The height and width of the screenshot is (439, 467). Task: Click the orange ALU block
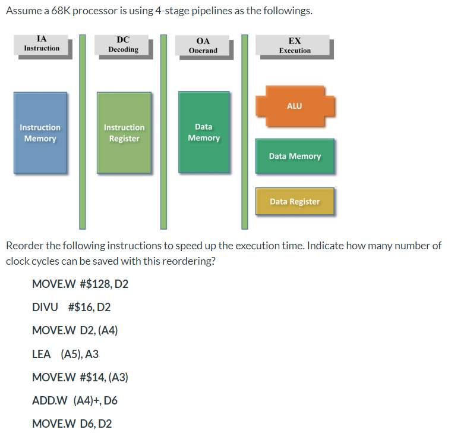coord(295,106)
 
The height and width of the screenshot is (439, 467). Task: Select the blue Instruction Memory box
coord(40,133)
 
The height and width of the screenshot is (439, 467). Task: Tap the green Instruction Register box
coord(124,133)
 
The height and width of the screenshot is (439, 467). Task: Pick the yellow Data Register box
coord(295,202)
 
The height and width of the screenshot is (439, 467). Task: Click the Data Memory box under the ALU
coord(295,156)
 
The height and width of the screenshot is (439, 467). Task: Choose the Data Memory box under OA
coord(204,132)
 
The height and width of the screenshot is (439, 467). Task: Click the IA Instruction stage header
coord(42,45)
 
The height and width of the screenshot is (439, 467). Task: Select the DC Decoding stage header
coord(124,45)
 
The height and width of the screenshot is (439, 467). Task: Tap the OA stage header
coord(203,46)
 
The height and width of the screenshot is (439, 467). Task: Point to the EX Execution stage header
coord(295,46)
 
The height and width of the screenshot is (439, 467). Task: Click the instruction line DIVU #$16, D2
coord(71,307)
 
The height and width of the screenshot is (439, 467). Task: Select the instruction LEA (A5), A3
coord(65,354)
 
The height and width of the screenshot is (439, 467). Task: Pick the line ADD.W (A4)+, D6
coord(75,400)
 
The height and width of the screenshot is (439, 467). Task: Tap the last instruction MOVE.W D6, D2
coord(72,424)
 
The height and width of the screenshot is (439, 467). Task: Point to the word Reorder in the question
coord(24,246)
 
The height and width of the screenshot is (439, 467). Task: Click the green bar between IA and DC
coord(83,131)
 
